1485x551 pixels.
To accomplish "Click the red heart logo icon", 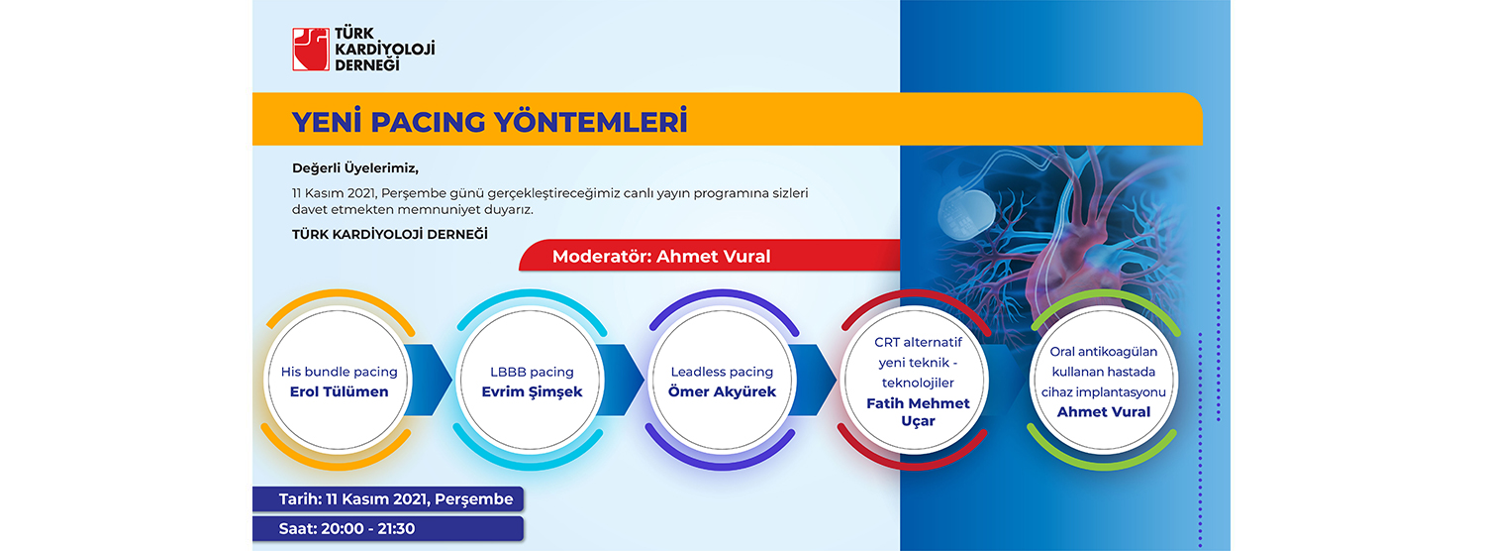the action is tap(310, 50).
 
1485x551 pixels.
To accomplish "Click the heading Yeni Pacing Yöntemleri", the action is tap(489, 122).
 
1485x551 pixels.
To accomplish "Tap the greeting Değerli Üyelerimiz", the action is tap(355, 168).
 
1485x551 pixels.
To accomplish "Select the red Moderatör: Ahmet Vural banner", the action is tap(710, 257).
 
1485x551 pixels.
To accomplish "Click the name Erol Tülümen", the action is tap(339, 391).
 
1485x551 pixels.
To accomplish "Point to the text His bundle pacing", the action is tap(339, 372).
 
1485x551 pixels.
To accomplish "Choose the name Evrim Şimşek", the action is tap(532, 391).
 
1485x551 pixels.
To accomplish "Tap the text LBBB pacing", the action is tap(532, 372).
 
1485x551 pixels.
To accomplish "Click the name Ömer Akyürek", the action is tap(722, 391).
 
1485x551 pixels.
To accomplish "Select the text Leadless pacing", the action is tap(722, 372).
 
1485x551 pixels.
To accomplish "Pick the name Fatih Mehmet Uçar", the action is tap(918, 411).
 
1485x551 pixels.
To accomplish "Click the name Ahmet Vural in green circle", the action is tap(1103, 411).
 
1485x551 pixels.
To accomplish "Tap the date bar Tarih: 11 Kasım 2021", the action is tap(388, 499).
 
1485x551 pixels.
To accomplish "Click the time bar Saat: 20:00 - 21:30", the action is tap(388, 529).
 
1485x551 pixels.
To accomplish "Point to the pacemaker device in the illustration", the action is tap(966, 212).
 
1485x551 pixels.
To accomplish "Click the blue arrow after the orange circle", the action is tap(429, 380).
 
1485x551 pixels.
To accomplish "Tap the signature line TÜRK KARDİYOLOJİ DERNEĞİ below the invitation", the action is tap(390, 234).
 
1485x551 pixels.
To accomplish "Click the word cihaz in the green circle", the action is tap(1056, 392).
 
